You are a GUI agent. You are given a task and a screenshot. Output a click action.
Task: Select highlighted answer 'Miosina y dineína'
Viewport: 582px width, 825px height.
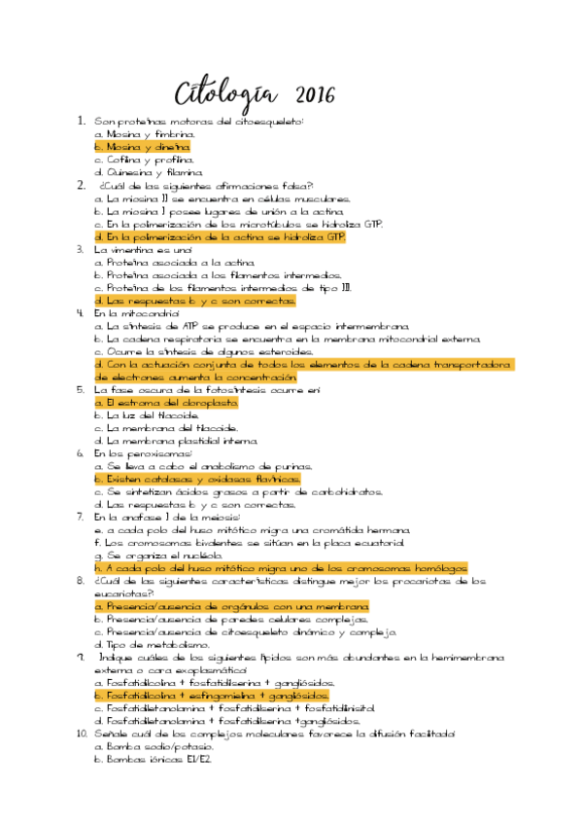pyautogui.click(x=142, y=146)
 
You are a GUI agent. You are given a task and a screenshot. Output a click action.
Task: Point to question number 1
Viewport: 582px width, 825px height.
pyautogui.click(x=82, y=121)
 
